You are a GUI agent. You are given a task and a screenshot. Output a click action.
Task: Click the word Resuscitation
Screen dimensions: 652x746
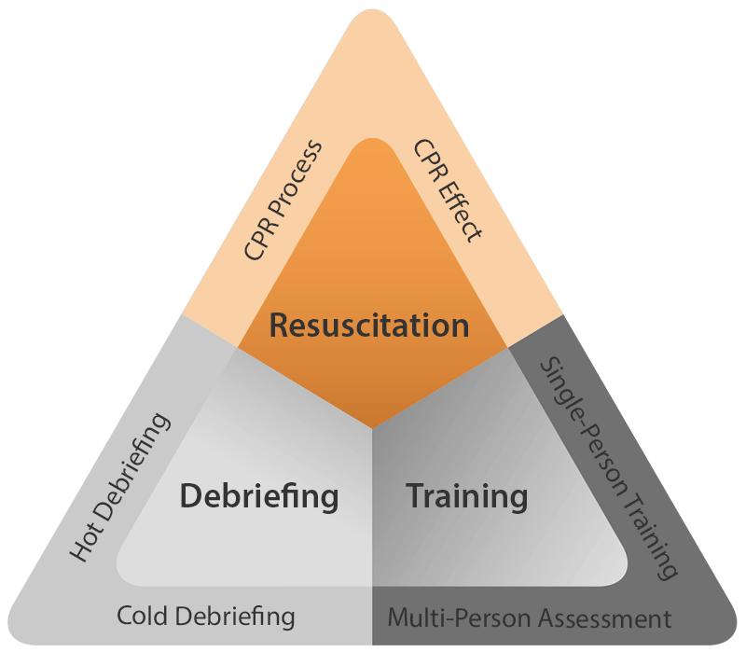(369, 326)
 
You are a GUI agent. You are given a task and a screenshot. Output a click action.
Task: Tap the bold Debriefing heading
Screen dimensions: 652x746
(259, 495)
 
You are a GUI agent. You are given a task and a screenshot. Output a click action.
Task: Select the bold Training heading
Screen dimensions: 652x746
(466, 495)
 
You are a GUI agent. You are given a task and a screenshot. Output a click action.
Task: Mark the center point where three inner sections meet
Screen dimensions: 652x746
(373, 430)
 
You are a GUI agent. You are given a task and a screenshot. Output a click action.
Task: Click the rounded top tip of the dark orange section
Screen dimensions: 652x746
(373, 142)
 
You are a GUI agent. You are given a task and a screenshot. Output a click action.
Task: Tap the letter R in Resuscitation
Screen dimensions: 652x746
(279, 326)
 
